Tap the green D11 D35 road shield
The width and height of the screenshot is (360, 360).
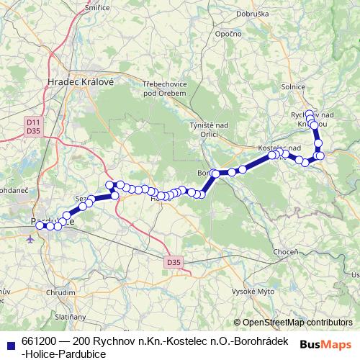point(32,127)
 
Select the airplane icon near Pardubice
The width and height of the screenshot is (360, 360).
point(30,239)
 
